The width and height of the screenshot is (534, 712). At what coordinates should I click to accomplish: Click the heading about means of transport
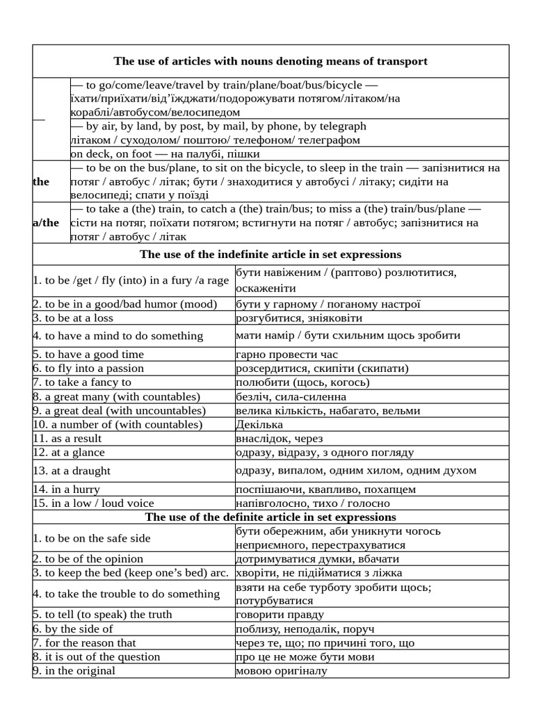270,61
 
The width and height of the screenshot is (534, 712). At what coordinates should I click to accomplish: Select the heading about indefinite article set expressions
270,254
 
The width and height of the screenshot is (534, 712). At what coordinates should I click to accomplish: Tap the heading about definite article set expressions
270,517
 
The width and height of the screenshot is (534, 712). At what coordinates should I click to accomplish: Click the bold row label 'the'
41,181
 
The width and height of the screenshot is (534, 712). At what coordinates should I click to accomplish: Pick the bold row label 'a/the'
46,222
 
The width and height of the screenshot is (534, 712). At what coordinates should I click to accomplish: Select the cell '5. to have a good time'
88,354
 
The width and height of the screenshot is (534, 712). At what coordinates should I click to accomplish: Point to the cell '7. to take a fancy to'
81,382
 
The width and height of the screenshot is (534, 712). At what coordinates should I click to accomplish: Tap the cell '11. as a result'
67,439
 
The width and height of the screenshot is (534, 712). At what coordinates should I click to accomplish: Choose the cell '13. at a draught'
71,471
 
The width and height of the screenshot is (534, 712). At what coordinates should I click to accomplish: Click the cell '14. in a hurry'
69,489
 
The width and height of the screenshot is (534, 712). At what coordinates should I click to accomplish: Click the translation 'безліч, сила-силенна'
291,396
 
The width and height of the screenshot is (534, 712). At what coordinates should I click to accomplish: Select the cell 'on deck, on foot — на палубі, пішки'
165,154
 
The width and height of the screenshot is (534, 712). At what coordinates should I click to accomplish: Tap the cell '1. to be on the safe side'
91,538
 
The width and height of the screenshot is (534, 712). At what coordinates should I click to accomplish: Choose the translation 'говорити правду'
280,615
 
